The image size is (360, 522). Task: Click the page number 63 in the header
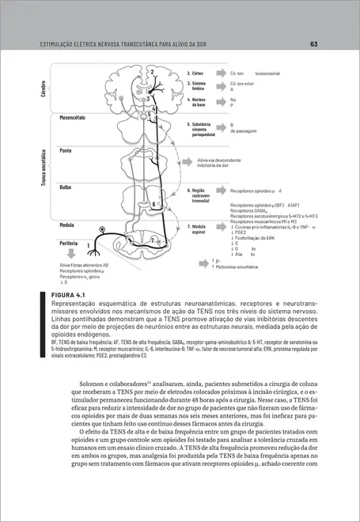(x=314, y=44)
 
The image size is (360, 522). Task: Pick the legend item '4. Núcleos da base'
(x=196, y=102)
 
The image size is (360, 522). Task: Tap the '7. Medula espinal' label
(x=197, y=229)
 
